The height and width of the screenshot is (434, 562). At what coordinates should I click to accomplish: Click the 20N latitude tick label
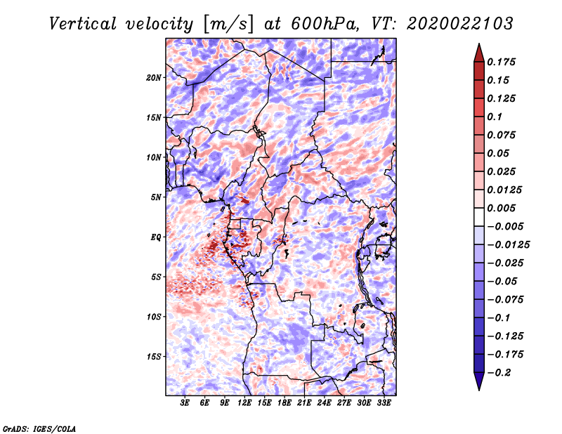(x=154, y=78)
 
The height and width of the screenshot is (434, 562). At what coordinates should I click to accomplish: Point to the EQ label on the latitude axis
(x=156, y=237)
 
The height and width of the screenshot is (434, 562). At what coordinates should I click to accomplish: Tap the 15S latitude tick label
(x=154, y=357)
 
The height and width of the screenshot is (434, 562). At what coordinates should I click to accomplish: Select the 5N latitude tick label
(x=156, y=197)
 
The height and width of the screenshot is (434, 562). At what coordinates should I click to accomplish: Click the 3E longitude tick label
(x=185, y=403)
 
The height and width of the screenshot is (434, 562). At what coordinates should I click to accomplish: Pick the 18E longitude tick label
(x=285, y=403)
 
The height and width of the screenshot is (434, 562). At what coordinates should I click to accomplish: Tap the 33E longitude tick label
(x=384, y=403)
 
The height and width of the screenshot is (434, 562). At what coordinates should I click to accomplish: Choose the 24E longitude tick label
(x=324, y=403)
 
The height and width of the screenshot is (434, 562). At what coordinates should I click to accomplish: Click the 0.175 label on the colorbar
(x=501, y=62)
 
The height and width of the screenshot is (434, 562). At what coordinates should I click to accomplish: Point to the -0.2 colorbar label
(x=499, y=373)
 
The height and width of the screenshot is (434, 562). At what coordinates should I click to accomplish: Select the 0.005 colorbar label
(x=501, y=208)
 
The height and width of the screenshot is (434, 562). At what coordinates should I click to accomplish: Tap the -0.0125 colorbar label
(x=508, y=245)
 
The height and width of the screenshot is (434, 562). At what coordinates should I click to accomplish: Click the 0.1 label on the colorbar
(x=495, y=117)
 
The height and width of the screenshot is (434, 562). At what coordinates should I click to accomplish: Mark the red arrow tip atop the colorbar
(x=479, y=44)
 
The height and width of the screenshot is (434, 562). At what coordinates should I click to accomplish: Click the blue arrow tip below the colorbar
(x=479, y=390)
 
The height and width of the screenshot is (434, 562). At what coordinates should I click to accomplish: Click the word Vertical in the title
(x=83, y=24)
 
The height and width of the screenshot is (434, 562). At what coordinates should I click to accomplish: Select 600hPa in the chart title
(x=325, y=24)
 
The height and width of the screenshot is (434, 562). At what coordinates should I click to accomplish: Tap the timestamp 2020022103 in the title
(x=460, y=24)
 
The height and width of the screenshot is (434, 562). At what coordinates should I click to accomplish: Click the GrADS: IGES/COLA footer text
(x=39, y=428)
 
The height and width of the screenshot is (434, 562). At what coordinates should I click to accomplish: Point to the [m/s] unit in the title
(x=228, y=25)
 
